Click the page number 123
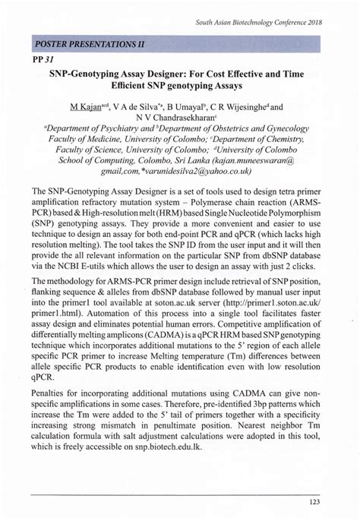333,502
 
